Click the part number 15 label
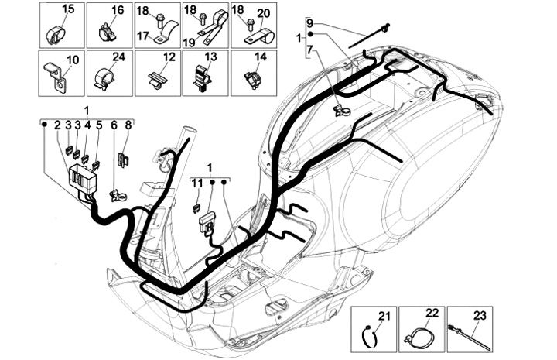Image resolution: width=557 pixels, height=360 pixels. click(x=68, y=10)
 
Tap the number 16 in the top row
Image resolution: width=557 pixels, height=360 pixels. click(x=118, y=10)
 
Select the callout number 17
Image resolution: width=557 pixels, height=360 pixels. click(x=142, y=36)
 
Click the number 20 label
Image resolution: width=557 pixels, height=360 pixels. click(x=263, y=12)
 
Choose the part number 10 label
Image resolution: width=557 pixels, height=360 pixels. click(x=73, y=59)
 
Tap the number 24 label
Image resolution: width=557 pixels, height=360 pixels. click(x=118, y=58)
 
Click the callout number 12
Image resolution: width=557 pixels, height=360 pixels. click(x=168, y=58)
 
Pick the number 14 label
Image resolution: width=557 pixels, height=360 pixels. click(x=261, y=58)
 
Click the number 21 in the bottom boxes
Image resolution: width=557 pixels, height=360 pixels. click(x=384, y=314)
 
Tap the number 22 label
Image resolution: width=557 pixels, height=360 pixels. click(x=432, y=312)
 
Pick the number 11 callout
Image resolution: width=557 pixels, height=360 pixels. click(x=196, y=183)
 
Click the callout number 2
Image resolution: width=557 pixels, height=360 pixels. click(x=57, y=125)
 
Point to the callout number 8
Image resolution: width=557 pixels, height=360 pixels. click(x=128, y=125)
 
